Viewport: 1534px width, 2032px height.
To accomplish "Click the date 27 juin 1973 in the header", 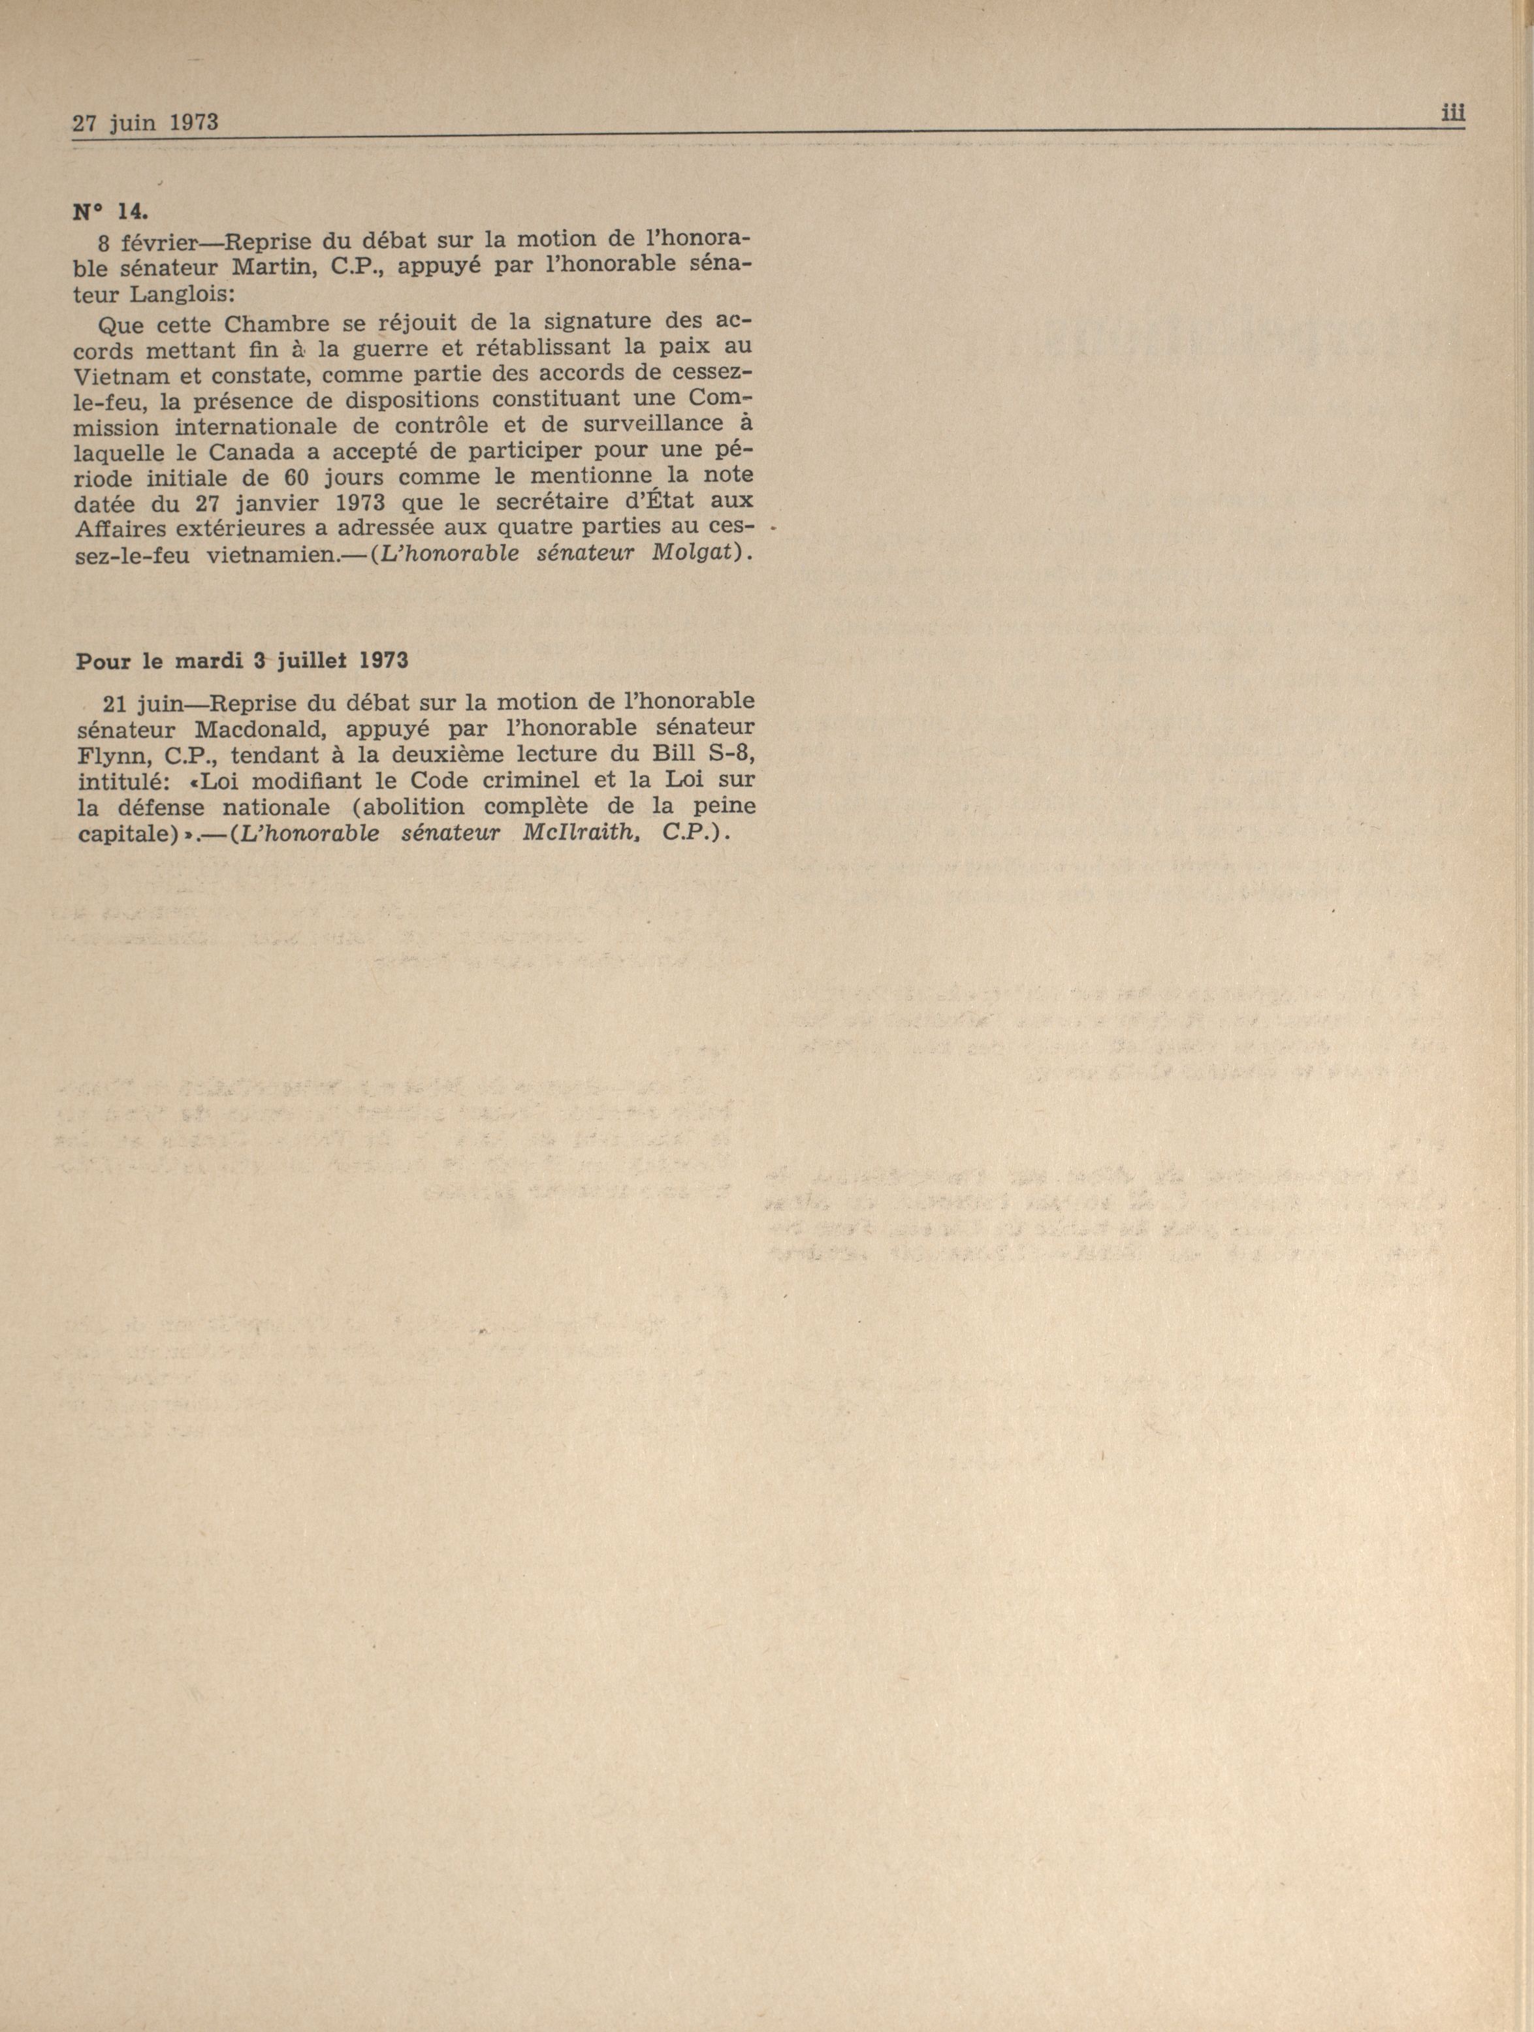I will [145, 122].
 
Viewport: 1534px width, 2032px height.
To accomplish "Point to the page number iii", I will [1452, 113].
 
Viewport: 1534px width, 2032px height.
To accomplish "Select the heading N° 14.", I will [108, 210].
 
